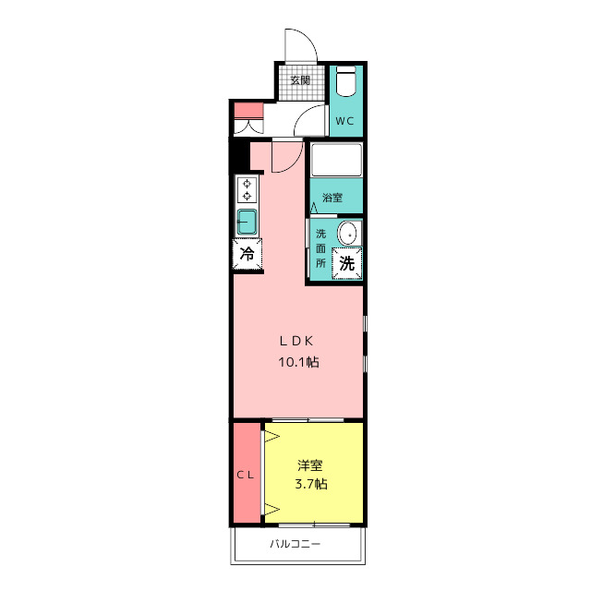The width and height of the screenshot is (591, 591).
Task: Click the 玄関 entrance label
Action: pyautogui.click(x=300, y=80)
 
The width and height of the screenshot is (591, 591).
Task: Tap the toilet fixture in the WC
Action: pyautogui.click(x=345, y=81)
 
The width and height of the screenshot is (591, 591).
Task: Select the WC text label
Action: pyautogui.click(x=344, y=121)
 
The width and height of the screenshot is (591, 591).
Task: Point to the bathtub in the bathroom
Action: pyautogui.click(x=336, y=160)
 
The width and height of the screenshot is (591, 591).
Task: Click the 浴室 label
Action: pyautogui.click(x=332, y=198)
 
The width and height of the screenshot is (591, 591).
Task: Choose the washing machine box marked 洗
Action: pyautogui.click(x=347, y=263)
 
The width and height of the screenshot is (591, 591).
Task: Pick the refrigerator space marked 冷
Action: pyautogui.click(x=247, y=254)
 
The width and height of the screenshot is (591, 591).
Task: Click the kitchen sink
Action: pyautogui.click(x=247, y=222)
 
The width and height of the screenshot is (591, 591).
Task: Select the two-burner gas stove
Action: pyautogui.click(x=247, y=190)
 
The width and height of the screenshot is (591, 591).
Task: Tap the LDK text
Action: pyautogui.click(x=296, y=341)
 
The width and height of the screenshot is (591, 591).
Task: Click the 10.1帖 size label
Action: pyautogui.click(x=298, y=362)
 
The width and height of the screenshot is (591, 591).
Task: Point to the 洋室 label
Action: pyautogui.click(x=310, y=465)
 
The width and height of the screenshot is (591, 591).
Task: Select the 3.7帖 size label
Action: pyautogui.click(x=311, y=484)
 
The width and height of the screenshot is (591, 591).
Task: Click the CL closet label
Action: pyautogui.click(x=246, y=476)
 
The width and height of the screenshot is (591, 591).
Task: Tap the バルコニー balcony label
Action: pyautogui.click(x=295, y=544)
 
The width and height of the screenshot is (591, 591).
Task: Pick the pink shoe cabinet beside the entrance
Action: pyautogui.click(x=248, y=111)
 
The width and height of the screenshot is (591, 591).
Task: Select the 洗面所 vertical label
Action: pyautogui.click(x=320, y=248)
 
